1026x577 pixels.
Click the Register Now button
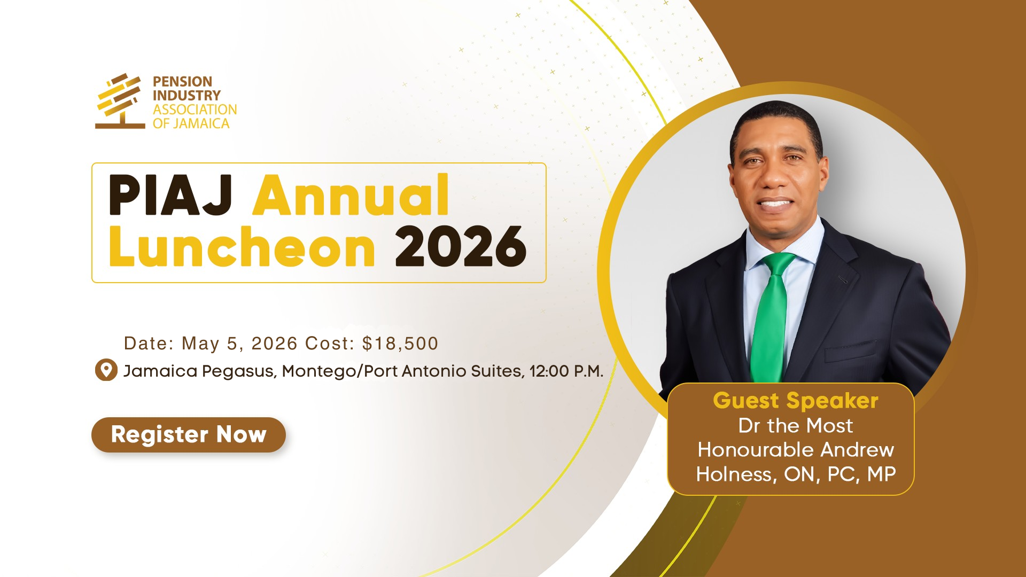[x=189, y=435]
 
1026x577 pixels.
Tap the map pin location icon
[x=106, y=370]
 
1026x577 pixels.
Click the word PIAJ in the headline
[x=170, y=196]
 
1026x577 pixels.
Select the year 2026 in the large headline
[x=461, y=246]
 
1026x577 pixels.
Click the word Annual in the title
[x=351, y=195]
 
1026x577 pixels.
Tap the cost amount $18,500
[x=400, y=344]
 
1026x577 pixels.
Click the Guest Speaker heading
[x=796, y=401]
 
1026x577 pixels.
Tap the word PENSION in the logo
[x=182, y=82]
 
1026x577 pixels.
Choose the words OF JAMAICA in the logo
[x=191, y=123]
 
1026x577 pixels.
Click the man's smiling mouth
[x=775, y=204]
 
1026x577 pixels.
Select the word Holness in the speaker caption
[x=735, y=474]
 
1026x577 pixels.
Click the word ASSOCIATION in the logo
[x=195, y=110]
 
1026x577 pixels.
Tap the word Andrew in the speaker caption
[x=857, y=450]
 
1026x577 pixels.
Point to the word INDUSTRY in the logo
[x=186, y=96]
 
